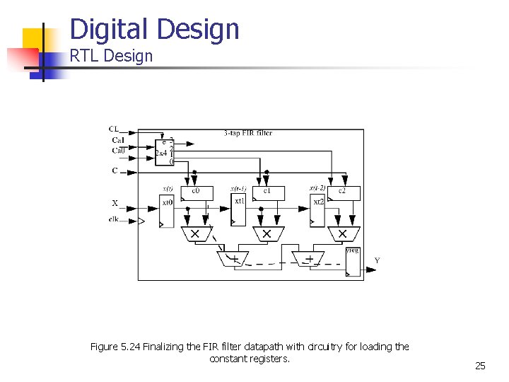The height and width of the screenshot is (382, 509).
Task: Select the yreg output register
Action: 353,261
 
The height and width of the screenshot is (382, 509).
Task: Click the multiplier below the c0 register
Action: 195,233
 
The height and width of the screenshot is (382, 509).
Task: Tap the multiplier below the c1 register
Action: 267,233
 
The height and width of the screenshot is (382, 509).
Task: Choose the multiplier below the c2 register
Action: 343,233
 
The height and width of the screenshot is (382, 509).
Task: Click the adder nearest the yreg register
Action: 308,259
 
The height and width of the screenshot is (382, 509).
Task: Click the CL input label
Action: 114,129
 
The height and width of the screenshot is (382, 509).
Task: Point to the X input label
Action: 115,203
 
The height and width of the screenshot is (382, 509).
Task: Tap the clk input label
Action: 113,220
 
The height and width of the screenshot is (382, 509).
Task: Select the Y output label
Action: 377,260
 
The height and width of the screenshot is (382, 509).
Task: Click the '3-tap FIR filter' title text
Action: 247,132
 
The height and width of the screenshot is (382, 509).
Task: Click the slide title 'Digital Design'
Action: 155,30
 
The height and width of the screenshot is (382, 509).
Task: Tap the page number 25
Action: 480,366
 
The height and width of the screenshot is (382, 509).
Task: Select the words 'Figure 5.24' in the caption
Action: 115,347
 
